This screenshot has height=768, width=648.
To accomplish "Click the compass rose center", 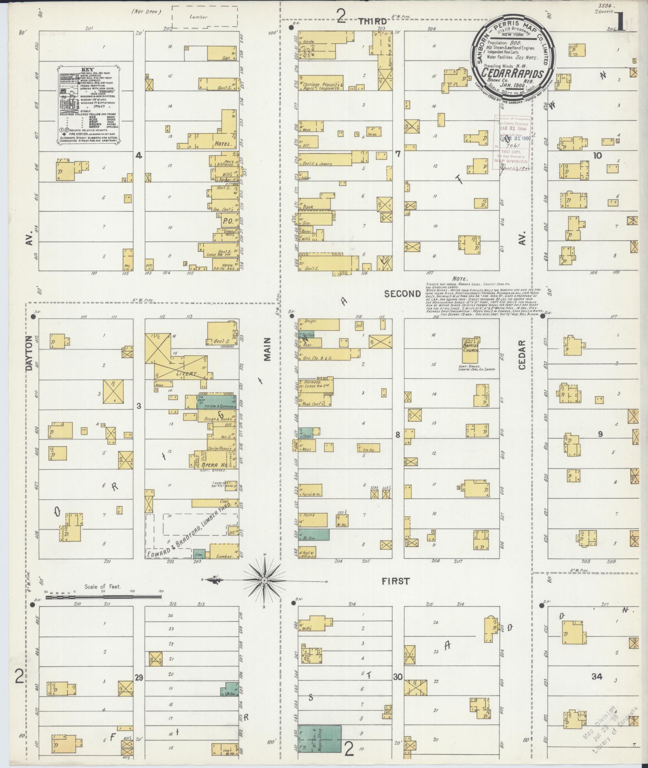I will pos(265,581).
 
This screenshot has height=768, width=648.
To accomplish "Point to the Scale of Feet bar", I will pos(102,597).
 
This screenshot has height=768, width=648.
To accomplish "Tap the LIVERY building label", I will pos(187,373).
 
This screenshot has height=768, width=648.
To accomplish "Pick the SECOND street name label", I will pos(402,294).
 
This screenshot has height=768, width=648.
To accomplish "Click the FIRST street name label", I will pos(395,581).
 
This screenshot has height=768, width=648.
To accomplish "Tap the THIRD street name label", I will pos(372,21).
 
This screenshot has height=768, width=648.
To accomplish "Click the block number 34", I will pos(597,677).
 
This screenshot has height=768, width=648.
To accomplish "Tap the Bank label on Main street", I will pos(308,207).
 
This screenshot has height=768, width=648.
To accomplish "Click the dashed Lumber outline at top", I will pos(204,17).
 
